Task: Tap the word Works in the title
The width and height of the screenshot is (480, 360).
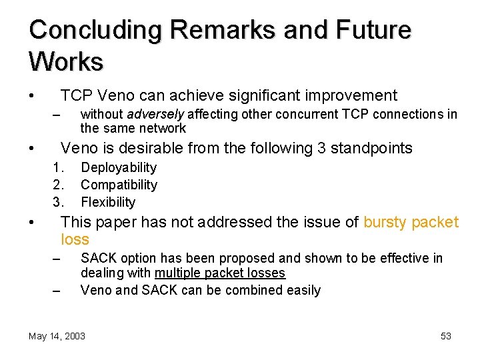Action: pyautogui.click(x=66, y=61)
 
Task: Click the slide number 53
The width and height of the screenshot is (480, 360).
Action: pyautogui.click(x=446, y=336)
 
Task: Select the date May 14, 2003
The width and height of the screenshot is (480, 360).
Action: pyautogui.click(x=57, y=336)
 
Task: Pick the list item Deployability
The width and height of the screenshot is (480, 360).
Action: pyautogui.click(x=119, y=167)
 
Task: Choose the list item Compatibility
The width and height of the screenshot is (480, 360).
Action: pyautogui.click(x=119, y=185)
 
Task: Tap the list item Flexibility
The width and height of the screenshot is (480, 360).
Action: pyautogui.click(x=108, y=202)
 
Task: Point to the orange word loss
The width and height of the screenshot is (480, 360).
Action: pyautogui.click(x=75, y=239)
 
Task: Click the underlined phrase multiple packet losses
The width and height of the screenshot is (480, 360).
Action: pyautogui.click(x=220, y=273)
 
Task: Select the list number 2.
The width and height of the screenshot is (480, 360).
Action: pyautogui.click(x=57, y=185)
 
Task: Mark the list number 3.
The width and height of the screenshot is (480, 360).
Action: pyautogui.click(x=57, y=202)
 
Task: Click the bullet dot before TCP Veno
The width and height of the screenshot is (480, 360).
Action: pyautogui.click(x=31, y=95)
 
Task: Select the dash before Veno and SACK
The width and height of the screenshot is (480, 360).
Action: pyautogui.click(x=57, y=291)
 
